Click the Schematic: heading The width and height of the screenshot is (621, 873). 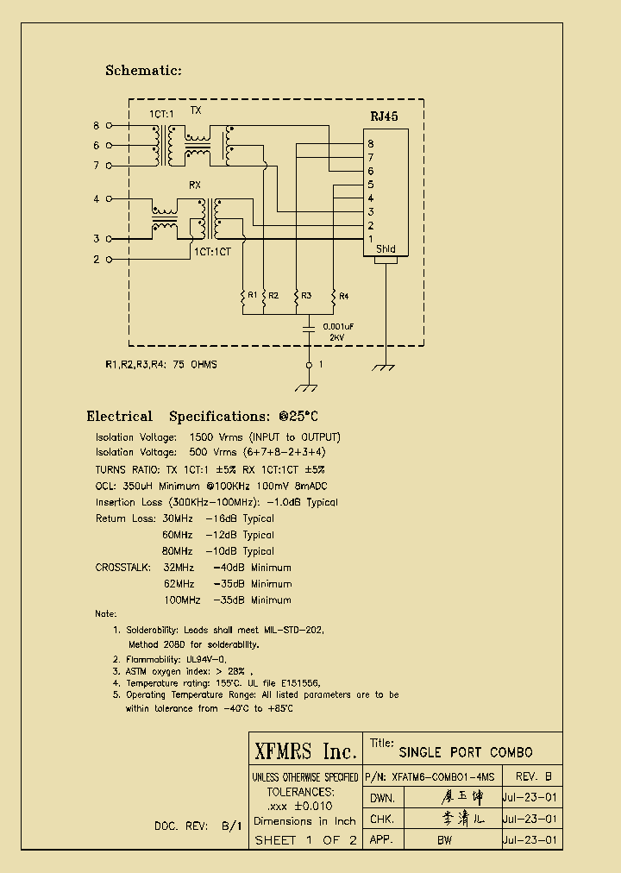tap(143, 71)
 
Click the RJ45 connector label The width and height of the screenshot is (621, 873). tap(384, 116)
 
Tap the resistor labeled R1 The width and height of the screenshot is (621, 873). tap(243, 296)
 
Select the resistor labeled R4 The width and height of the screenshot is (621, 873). tap(333, 296)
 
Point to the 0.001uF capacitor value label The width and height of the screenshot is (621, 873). tap(337, 326)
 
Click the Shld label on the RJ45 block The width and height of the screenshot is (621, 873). tap(386, 249)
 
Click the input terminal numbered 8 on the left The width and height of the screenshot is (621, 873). tap(109, 126)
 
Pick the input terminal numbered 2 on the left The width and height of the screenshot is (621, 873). tap(109, 259)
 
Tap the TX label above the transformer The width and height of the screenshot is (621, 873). tap(196, 111)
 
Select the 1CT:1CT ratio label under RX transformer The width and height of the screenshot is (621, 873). tap(212, 251)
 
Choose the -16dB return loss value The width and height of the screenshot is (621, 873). tap(221, 518)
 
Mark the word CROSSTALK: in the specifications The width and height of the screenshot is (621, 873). tap(122, 568)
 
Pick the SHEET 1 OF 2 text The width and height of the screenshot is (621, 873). tap(305, 840)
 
